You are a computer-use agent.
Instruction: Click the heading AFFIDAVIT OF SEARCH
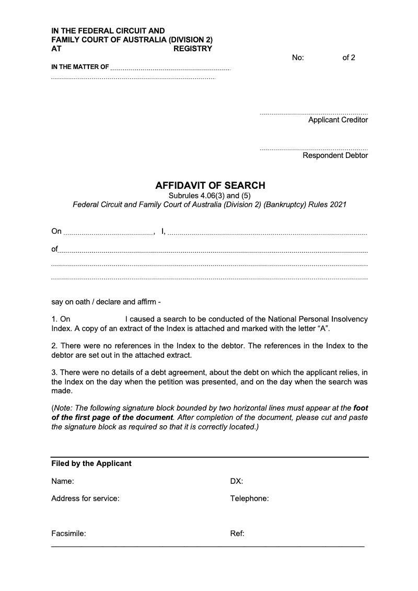pyautogui.click(x=210, y=185)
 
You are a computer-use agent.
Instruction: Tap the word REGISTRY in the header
pyautogui.click(x=193, y=49)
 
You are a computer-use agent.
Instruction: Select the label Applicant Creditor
pyautogui.click(x=338, y=120)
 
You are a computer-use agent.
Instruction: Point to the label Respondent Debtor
pyautogui.click(x=335, y=155)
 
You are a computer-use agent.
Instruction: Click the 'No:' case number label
pyautogui.click(x=298, y=58)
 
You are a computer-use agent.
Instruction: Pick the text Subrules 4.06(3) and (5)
pyautogui.click(x=210, y=196)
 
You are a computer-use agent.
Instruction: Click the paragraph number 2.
pyautogui.click(x=54, y=346)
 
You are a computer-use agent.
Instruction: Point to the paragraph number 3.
pyautogui.click(x=54, y=372)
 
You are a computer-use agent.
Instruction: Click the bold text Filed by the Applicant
pyautogui.click(x=91, y=463)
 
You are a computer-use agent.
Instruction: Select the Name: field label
pyautogui.click(x=63, y=481)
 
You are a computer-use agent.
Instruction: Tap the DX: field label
pyautogui.click(x=237, y=481)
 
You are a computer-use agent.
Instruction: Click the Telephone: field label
pyautogui.click(x=249, y=498)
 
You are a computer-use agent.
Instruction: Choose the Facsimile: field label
pyautogui.click(x=68, y=534)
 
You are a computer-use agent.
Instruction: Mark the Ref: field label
pyautogui.click(x=237, y=534)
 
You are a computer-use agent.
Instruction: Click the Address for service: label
pyautogui.click(x=85, y=498)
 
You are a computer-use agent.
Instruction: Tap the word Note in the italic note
pyautogui.click(x=63, y=408)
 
